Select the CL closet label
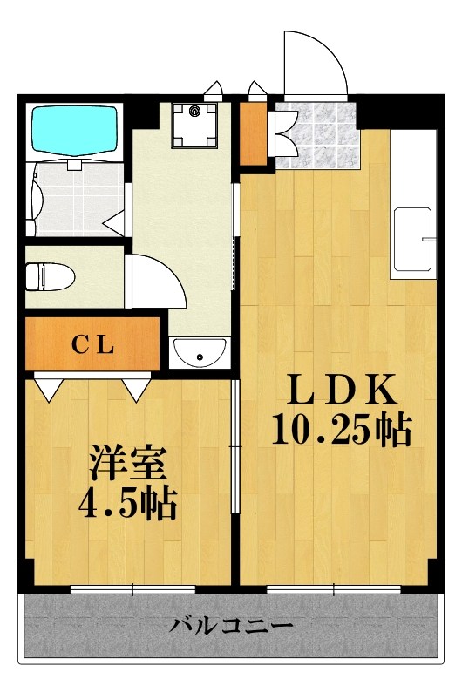click(x=92, y=344)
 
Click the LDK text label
click(x=340, y=390)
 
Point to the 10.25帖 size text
click(x=341, y=430)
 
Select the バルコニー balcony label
click(x=231, y=626)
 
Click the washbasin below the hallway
click(x=200, y=354)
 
